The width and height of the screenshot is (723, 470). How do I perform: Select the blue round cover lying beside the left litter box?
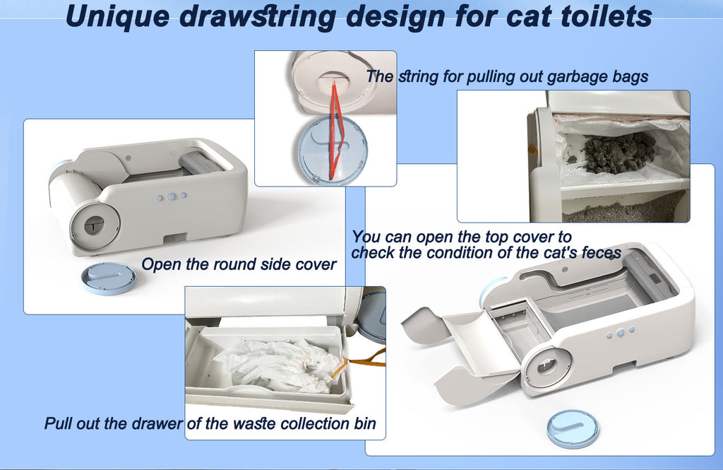(x=108, y=277)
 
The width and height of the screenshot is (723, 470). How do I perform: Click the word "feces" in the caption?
(x=597, y=252)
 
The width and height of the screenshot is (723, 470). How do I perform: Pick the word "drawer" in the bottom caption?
(x=156, y=424)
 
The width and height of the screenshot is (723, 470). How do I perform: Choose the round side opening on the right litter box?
(x=546, y=367)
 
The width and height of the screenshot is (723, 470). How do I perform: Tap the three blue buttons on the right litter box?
(x=620, y=332)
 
